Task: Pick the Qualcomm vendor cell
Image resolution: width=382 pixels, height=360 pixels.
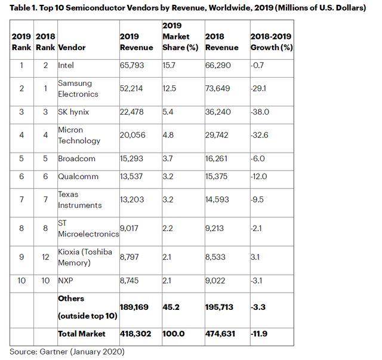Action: tap(79, 177)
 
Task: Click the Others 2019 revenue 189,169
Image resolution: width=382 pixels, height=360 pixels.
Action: tap(134, 307)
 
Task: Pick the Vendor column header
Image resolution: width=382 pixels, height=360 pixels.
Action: tap(72, 47)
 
